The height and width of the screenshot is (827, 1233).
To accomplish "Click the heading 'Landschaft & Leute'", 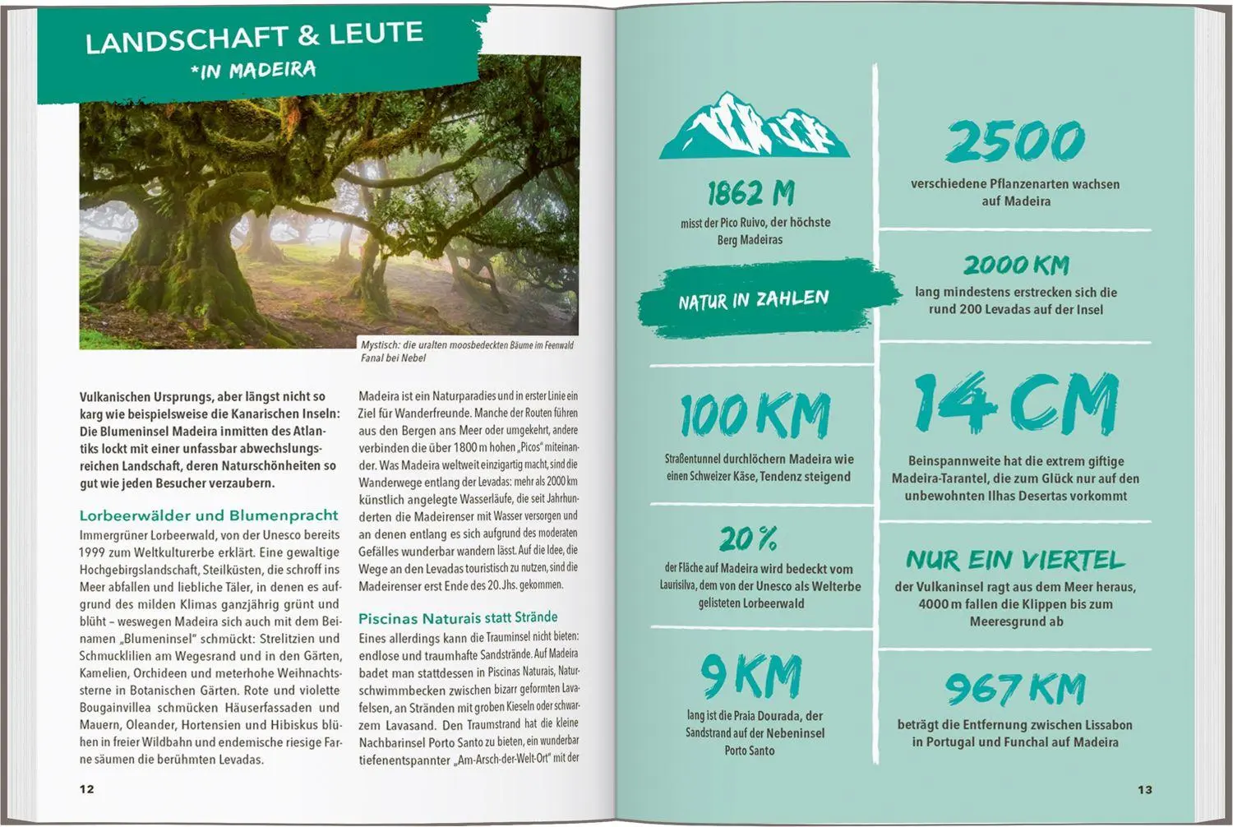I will (254, 36).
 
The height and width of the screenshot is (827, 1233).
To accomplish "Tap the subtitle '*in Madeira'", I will (253, 71).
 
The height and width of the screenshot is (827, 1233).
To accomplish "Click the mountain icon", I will (754, 127).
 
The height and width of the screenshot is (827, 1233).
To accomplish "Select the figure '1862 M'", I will (750, 194).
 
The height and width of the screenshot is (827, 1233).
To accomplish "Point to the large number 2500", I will (1015, 141).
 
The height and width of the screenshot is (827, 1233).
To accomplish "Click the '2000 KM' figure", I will (1016, 266).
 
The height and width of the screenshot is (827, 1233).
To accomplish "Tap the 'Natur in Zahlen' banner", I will (754, 300).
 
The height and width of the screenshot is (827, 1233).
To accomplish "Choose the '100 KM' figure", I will (755, 415).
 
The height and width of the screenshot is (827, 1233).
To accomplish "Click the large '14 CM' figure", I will (1016, 403).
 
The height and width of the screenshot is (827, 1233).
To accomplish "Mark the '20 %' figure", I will (748, 539).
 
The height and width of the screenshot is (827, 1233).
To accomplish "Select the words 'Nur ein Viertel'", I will (1015, 561).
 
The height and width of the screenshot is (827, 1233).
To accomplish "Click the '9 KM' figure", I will (751, 677).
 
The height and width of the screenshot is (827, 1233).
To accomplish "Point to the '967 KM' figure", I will (1015, 689).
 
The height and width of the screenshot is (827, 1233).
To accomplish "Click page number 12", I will (87, 789).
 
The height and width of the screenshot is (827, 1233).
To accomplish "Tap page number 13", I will (1145, 789).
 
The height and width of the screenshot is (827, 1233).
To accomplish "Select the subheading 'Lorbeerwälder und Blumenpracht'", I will (209, 515).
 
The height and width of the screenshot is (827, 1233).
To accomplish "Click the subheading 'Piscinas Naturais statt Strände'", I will (458, 617).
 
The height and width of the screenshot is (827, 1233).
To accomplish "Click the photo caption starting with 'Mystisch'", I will (467, 351).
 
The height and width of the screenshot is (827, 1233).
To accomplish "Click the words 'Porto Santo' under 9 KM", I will (750, 751).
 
